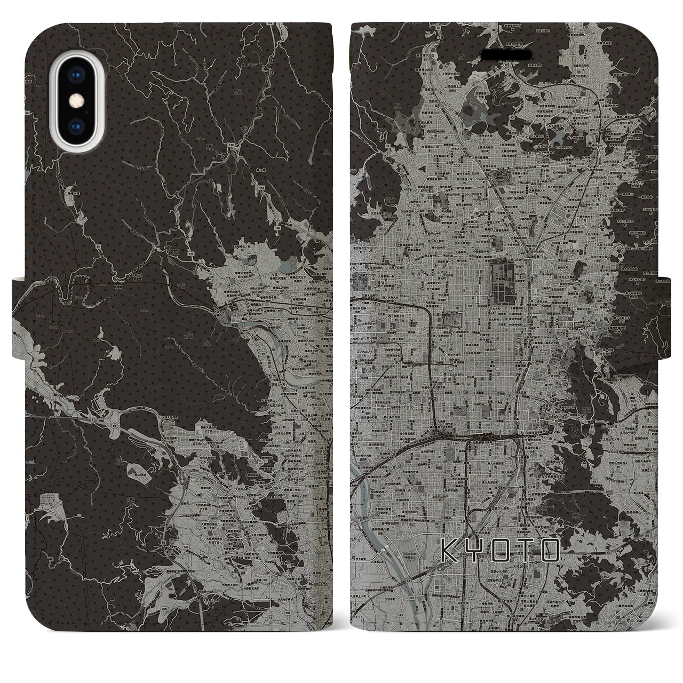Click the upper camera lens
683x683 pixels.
76,76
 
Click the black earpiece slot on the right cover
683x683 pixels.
506,55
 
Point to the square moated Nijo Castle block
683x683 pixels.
453,321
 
